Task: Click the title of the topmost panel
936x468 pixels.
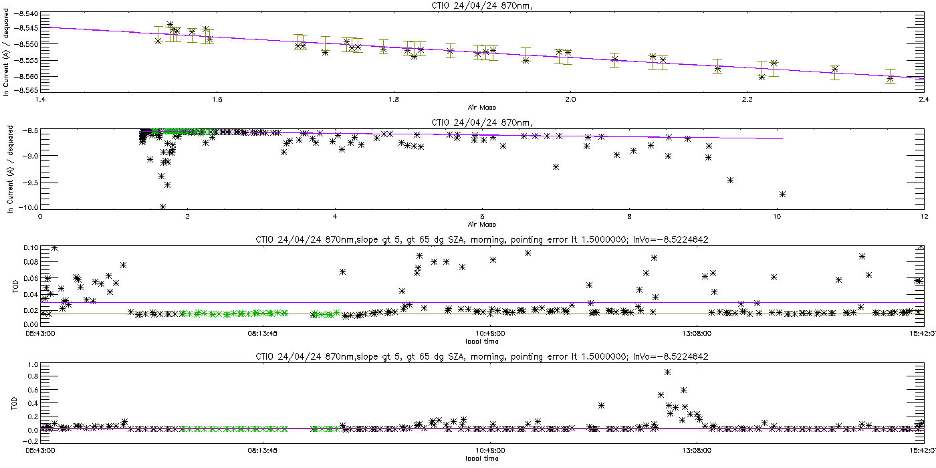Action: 482,6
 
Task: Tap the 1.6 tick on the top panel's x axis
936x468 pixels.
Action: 217,100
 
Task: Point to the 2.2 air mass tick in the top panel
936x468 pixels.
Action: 747,100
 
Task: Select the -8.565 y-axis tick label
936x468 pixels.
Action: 27,90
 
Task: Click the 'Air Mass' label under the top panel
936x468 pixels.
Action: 482,108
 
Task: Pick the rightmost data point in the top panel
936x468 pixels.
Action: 890,79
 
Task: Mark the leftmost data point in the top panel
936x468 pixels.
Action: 158,41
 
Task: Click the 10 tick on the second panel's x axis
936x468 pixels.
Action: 776,217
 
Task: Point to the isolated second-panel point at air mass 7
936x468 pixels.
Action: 556,166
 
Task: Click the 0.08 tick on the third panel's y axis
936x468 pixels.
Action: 31,262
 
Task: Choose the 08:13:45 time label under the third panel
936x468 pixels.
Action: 262,334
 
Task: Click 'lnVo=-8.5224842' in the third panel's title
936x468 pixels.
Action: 671,240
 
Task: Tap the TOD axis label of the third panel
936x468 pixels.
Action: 15,286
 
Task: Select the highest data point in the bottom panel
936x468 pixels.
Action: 667,372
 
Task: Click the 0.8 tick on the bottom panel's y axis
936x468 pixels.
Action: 33,376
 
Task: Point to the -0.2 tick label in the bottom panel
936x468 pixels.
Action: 31,441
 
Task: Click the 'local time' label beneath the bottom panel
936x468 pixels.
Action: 482,459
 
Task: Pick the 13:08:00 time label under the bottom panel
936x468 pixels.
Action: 696,451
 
